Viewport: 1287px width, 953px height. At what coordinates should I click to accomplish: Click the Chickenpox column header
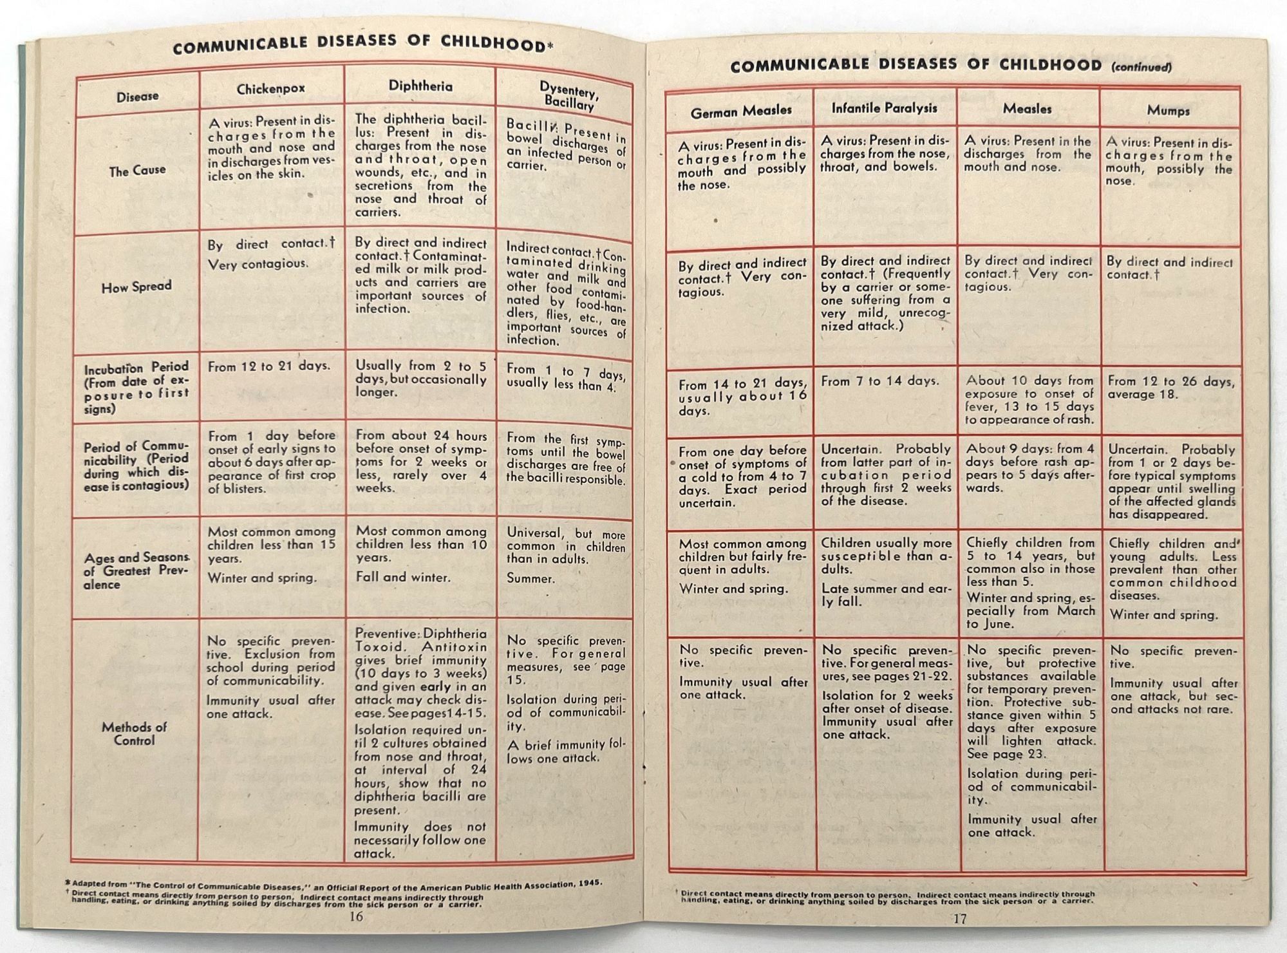pyautogui.click(x=270, y=89)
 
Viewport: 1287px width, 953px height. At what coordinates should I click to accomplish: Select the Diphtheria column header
pyautogui.click(x=420, y=86)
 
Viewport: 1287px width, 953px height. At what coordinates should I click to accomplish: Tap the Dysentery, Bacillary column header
pyautogui.click(x=568, y=97)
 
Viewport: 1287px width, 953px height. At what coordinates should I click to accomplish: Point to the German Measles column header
pyautogui.click(x=740, y=111)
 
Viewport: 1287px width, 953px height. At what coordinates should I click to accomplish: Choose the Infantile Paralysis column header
pyautogui.click(x=884, y=108)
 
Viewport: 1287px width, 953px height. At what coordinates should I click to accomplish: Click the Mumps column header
pyautogui.click(x=1168, y=110)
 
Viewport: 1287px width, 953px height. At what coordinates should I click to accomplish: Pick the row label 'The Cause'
pyautogui.click(x=137, y=171)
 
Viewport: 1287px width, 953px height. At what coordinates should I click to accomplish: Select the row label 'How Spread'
pyautogui.click(x=136, y=287)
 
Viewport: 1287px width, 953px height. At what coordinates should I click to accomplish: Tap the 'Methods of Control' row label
pyautogui.click(x=134, y=733)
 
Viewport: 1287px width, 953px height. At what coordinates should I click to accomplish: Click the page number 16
pyautogui.click(x=356, y=916)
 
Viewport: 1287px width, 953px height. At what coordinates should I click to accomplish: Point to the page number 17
pyautogui.click(x=959, y=919)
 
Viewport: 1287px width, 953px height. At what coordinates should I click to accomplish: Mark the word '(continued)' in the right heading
pyautogui.click(x=1141, y=66)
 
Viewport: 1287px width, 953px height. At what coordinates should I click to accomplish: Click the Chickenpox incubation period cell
pyautogui.click(x=269, y=366)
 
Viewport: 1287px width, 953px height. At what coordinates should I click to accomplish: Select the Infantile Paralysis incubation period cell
pyautogui.click(x=879, y=381)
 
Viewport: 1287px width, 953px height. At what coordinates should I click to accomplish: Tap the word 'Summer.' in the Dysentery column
pyautogui.click(x=531, y=578)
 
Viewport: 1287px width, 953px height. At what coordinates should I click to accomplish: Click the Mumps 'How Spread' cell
pyautogui.click(x=1169, y=269)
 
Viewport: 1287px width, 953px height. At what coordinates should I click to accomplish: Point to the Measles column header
pyautogui.click(x=1027, y=109)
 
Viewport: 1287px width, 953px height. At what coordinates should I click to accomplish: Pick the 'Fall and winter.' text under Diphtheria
pyautogui.click(x=403, y=577)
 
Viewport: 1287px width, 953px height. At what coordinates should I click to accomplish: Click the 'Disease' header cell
pyautogui.click(x=137, y=97)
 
